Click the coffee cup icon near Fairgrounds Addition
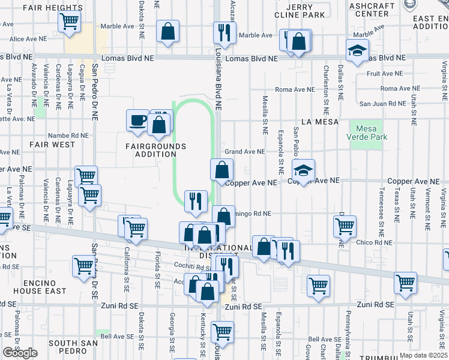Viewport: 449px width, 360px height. click(137, 119)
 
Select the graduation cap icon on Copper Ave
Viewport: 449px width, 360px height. click(304, 170)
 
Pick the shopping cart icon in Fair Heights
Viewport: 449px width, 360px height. click(70, 22)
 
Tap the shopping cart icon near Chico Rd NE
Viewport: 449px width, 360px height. click(345, 226)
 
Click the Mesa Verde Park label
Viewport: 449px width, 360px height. click(372, 133)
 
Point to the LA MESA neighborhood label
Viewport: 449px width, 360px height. click(320, 122)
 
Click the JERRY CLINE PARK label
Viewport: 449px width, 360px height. click(306, 11)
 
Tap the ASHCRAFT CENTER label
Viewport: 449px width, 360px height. click(372, 10)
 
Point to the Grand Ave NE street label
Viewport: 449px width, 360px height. click(244, 152)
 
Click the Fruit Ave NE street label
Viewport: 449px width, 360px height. click(385, 74)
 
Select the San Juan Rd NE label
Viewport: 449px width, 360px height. click(382, 103)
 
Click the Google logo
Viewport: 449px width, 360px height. click(20, 353)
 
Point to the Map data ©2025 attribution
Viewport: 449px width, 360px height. click(423, 355)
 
